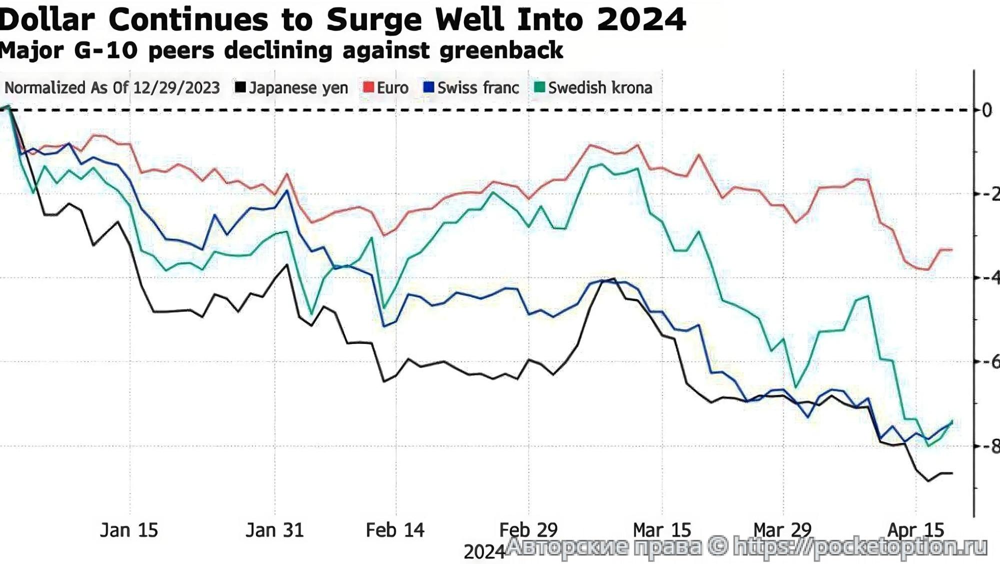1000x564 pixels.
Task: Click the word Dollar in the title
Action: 47,20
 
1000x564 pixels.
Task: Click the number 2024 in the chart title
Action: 641,20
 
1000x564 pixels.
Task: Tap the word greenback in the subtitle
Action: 501,51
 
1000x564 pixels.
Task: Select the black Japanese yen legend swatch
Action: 240,88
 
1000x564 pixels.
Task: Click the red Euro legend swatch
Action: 368,88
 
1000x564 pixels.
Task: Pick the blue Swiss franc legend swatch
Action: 428,88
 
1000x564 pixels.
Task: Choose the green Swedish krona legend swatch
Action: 539,88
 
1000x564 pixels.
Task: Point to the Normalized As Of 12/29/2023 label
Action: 112,88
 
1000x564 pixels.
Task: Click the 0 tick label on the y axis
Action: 986,110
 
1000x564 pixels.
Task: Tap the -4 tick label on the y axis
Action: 990,278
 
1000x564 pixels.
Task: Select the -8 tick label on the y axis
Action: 990,446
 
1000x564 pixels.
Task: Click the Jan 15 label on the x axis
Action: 129,530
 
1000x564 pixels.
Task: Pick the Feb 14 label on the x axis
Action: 395,530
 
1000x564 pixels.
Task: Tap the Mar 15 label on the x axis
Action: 662,530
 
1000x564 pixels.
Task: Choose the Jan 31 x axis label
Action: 274,530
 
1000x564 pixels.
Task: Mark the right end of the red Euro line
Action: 951,249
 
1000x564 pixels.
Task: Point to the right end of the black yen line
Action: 951,473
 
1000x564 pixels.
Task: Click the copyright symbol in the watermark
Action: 717,546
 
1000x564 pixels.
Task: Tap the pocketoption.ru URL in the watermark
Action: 860,547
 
